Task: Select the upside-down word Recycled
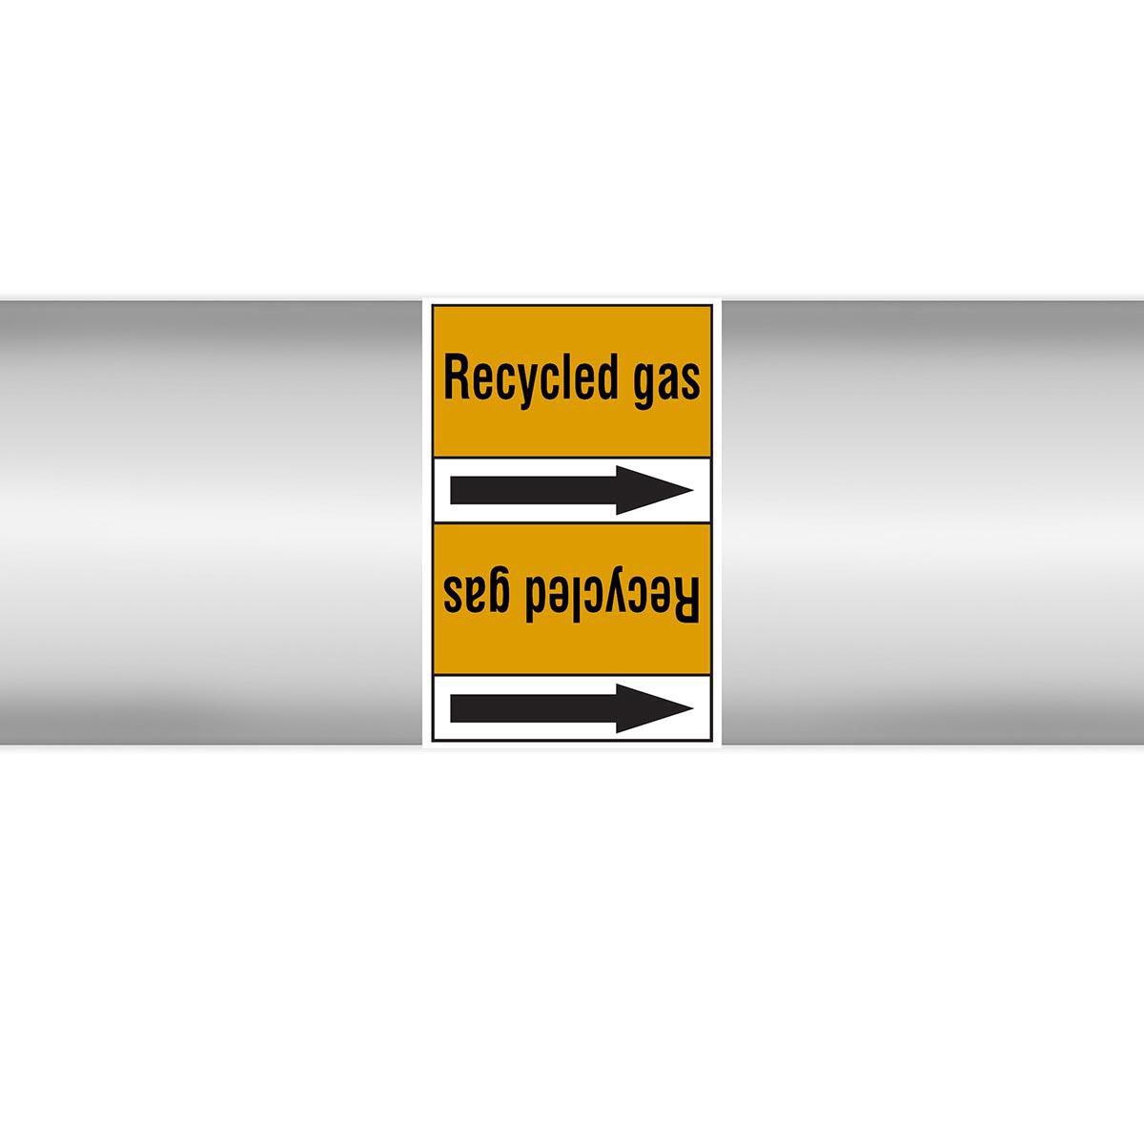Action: pos(616,600)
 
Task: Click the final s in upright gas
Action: pos(690,382)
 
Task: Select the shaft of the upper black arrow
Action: pos(534,490)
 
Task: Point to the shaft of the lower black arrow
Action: pos(534,708)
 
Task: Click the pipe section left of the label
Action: pos(211,523)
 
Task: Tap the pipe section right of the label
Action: pos(932,523)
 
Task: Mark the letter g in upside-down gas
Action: pos(501,592)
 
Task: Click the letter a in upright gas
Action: pos(667,382)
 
